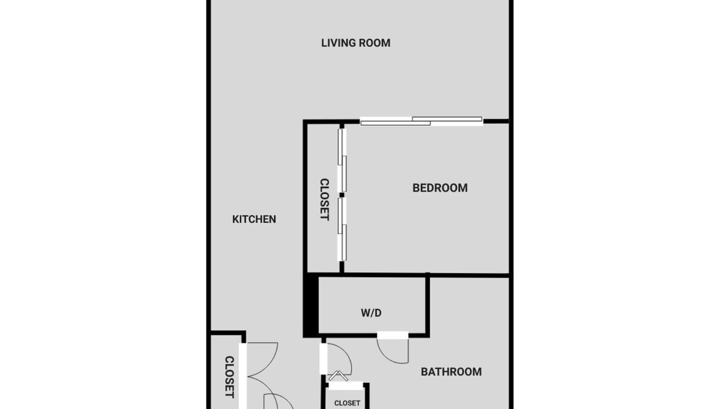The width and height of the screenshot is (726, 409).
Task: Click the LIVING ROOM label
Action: (356, 43)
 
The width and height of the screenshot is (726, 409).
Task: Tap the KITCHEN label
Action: (254, 219)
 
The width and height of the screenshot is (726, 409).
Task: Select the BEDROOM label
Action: (440, 188)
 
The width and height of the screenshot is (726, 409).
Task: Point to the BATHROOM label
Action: (451, 372)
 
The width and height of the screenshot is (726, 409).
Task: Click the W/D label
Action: (371, 313)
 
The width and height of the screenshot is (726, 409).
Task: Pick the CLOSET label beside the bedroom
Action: (324, 199)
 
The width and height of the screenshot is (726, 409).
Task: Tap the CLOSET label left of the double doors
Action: (230, 377)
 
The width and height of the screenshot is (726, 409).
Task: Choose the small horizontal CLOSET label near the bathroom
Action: (347, 403)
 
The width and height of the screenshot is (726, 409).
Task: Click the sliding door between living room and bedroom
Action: (421, 121)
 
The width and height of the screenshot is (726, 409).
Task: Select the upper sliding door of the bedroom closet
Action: (342, 160)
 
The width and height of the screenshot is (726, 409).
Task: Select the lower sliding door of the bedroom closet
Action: (342, 229)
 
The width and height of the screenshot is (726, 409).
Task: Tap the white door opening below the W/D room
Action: (392, 335)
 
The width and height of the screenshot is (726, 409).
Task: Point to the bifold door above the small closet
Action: (338, 375)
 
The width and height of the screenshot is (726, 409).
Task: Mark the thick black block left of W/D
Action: (311, 305)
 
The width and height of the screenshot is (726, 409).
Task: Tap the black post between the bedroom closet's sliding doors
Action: (341, 195)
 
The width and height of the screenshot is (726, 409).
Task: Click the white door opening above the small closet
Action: (345, 386)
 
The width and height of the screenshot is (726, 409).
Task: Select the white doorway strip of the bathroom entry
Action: (323, 358)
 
